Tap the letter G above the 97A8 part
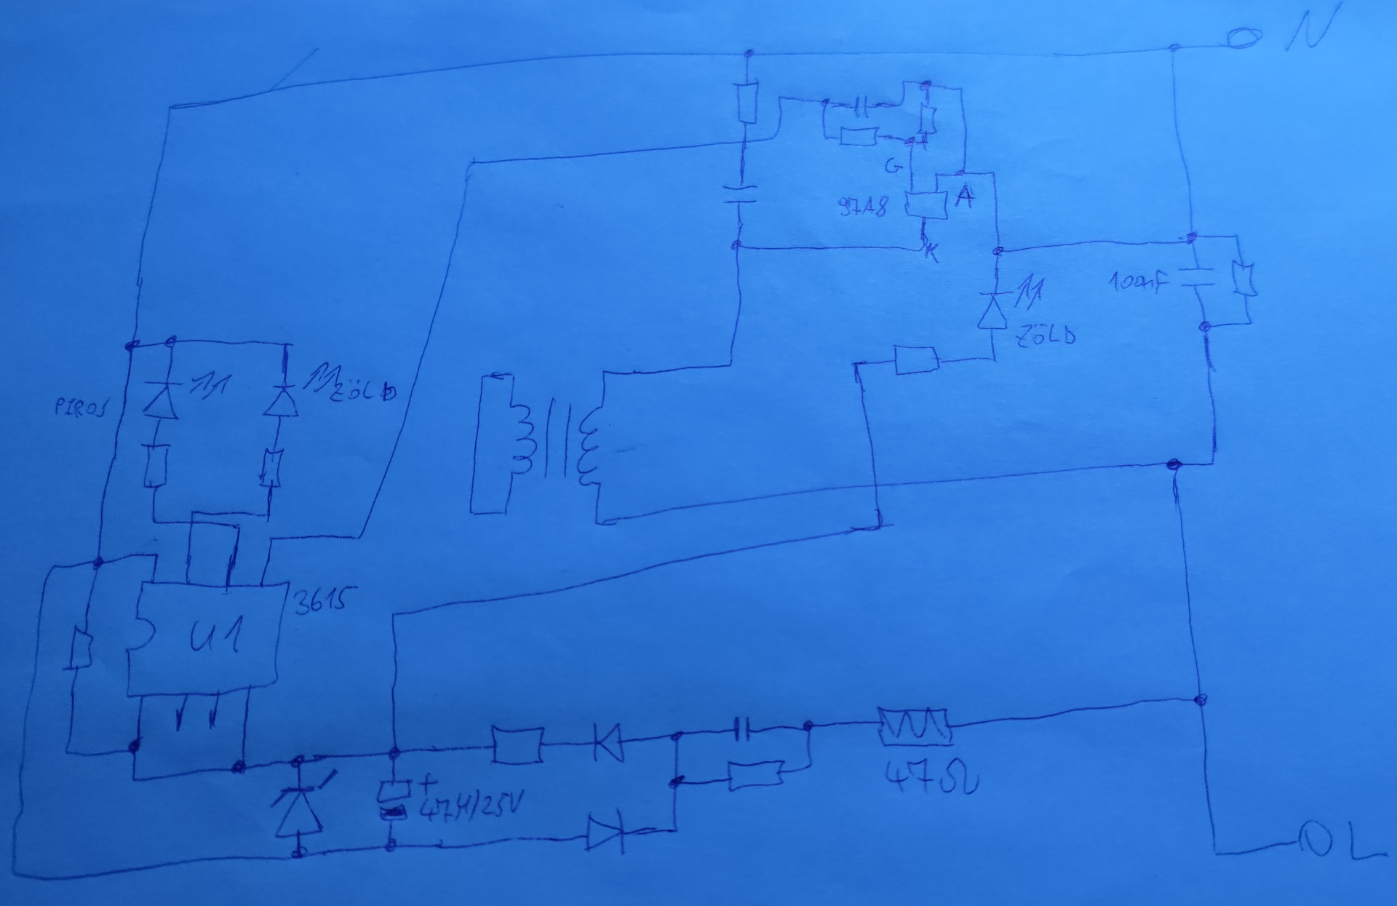click(x=893, y=167)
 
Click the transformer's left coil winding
click(x=521, y=444)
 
